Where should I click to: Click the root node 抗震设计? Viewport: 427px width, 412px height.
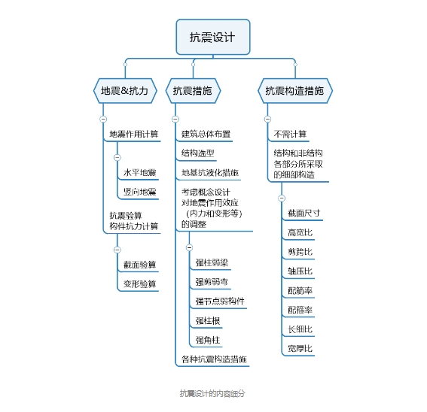click(213, 37)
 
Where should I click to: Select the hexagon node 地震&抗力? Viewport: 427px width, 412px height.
click(125, 91)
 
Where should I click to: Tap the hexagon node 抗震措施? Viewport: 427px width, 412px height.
click(193, 91)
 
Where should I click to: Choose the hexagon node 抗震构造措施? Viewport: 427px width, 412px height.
click(295, 91)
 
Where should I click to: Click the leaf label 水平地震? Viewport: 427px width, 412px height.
click(140, 173)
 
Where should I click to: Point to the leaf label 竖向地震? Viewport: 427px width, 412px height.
click(140, 192)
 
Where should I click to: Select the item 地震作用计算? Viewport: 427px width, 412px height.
click(134, 134)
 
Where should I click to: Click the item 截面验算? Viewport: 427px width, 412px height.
click(140, 265)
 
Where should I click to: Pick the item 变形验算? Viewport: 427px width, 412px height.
click(140, 284)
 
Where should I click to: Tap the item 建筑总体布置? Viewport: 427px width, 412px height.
click(206, 134)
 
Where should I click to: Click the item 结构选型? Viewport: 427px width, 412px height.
click(198, 153)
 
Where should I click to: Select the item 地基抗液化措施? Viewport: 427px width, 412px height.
click(210, 173)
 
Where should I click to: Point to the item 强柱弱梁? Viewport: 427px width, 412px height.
click(212, 262)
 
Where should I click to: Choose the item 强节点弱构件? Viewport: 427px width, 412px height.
click(220, 301)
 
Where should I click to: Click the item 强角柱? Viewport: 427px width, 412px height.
click(208, 340)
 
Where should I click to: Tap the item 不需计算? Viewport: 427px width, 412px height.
click(290, 134)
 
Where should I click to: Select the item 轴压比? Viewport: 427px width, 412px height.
click(300, 271)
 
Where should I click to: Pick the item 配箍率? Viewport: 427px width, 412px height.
click(300, 310)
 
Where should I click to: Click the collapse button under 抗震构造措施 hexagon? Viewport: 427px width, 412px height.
click(267, 119)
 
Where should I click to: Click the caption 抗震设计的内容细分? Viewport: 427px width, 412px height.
click(212, 393)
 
